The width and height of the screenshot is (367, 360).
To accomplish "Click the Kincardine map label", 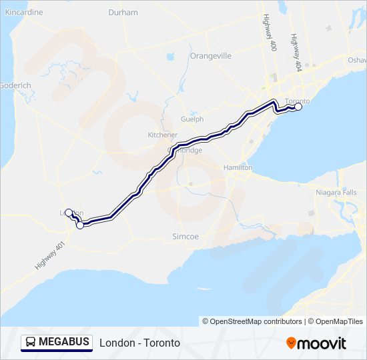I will tap(24, 13).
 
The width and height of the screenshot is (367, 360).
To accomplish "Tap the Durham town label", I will tap(123, 13).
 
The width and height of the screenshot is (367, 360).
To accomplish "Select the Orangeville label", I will tap(210, 56).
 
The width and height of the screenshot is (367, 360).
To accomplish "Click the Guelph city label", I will tap(192, 119).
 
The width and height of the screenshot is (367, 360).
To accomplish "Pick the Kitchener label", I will tap(163, 135).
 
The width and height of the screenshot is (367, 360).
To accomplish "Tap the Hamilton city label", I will tap(238, 167).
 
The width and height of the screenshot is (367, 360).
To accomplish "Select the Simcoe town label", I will tap(186, 237).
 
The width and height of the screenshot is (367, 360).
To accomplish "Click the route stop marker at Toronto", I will tap(298, 107).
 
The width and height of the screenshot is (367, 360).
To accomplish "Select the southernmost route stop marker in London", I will tap(80, 225).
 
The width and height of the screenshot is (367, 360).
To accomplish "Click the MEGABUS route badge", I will tap(57, 343).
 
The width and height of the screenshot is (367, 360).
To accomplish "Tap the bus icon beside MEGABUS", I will tap(31, 343).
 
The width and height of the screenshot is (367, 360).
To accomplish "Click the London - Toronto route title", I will tap(139, 343).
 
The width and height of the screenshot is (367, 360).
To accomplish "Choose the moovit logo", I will tap(316, 343).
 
